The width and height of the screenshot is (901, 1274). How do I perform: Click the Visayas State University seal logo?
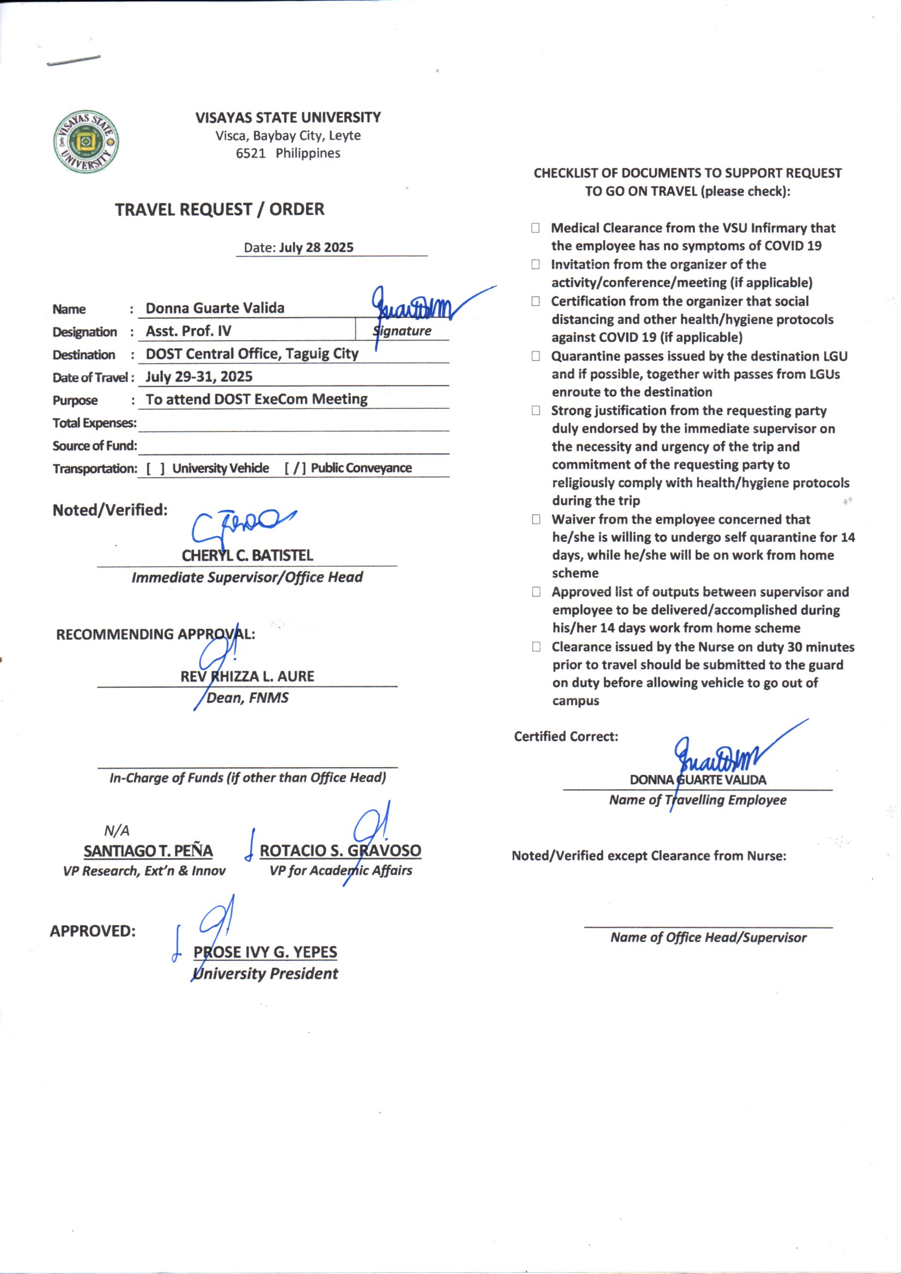(86, 142)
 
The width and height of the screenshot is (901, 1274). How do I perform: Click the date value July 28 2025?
(316, 247)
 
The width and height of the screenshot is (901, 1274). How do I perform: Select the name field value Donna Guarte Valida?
(215, 308)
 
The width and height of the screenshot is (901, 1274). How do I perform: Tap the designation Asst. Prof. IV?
(188, 331)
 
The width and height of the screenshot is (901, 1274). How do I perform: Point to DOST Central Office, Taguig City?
(252, 354)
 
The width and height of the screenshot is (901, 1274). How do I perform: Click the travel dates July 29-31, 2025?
(199, 377)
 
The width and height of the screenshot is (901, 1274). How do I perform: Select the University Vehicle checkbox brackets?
(155, 469)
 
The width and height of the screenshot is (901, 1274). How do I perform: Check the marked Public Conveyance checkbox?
(295, 469)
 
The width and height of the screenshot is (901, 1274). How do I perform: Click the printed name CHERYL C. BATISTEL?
(247, 555)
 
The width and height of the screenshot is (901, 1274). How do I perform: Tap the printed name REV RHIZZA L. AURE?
(247, 676)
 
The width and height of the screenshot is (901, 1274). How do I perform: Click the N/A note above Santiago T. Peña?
(117, 830)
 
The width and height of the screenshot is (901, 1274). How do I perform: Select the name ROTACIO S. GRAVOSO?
(340, 851)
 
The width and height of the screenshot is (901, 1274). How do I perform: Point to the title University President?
(265, 974)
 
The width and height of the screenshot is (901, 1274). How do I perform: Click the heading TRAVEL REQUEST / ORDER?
(220, 209)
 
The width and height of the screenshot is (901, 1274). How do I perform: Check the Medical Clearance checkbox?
(535, 228)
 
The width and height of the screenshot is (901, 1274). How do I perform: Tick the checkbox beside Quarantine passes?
(536, 356)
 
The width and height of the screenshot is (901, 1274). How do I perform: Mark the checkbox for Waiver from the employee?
(536, 519)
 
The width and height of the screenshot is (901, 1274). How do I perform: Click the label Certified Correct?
(566, 736)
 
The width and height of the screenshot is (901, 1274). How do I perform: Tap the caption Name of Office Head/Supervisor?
(709, 937)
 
